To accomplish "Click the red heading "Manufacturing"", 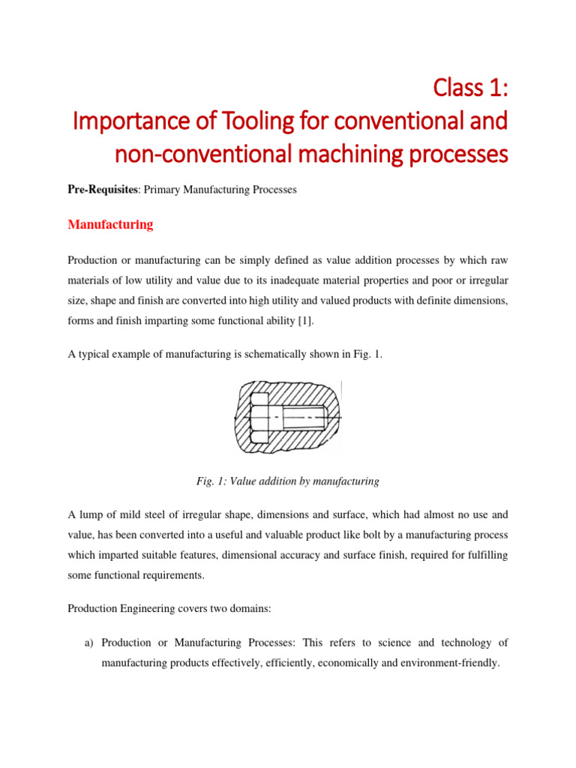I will click(110, 224).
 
